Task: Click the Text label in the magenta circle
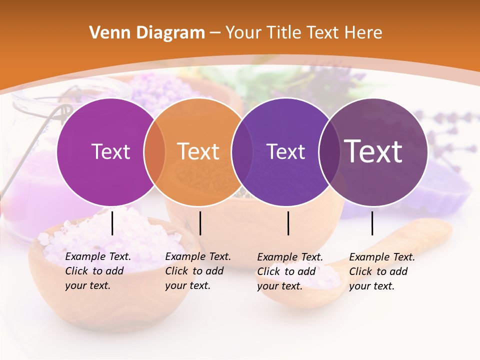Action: coord(110,151)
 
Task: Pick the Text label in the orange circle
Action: coord(198,151)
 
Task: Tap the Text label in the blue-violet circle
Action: coord(286,151)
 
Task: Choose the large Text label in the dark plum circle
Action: coord(373,151)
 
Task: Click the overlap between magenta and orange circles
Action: coord(154,152)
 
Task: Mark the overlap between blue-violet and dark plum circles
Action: coord(328,152)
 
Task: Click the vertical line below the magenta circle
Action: coord(112,223)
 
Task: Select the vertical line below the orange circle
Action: coord(200,223)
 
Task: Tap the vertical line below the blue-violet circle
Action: coord(288,223)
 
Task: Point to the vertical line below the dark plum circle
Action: coord(372,223)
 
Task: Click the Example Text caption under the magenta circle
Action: coord(98,271)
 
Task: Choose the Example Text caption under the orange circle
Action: coord(198,271)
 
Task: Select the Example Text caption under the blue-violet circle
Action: coord(290,271)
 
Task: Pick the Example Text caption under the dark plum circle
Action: coord(382,271)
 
